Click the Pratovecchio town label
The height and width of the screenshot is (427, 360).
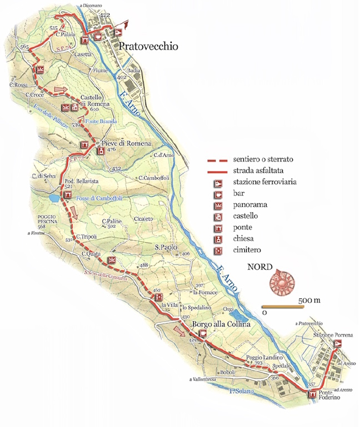click(149, 47)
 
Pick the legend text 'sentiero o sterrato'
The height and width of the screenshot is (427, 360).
click(263, 160)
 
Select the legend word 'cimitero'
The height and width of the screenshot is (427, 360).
click(248, 250)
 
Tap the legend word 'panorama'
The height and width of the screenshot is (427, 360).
click(250, 205)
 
